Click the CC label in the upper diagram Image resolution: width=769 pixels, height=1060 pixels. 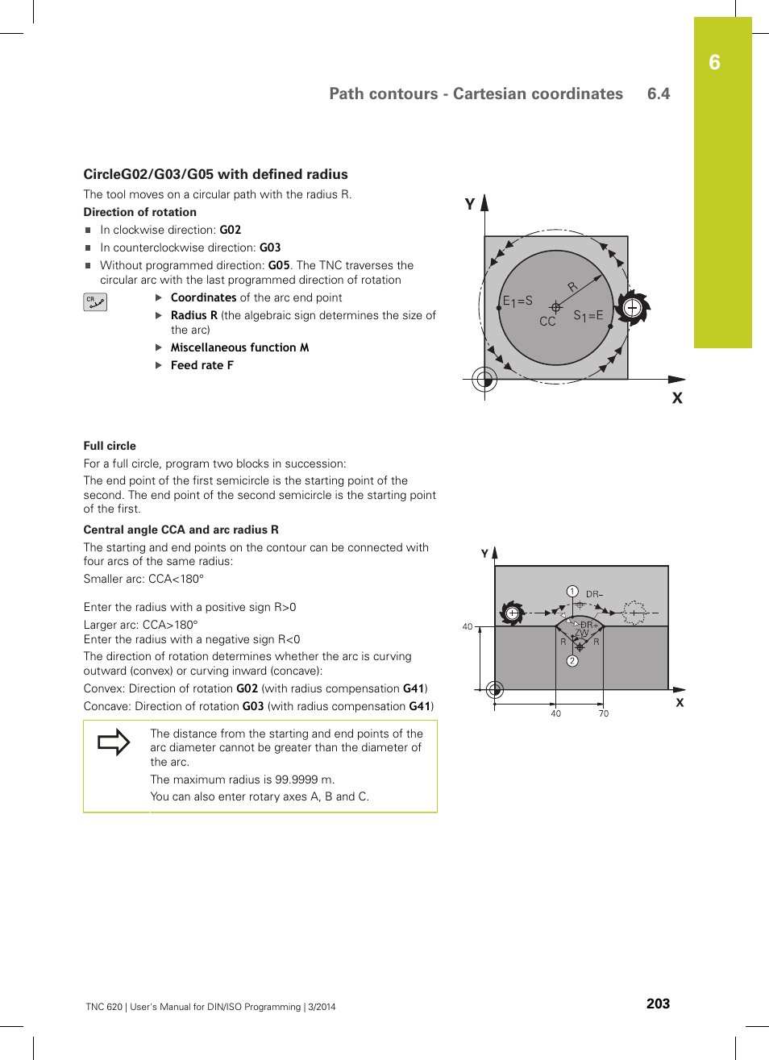point(547,322)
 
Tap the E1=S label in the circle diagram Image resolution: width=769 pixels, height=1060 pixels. point(518,301)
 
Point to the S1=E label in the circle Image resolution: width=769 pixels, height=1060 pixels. point(588,316)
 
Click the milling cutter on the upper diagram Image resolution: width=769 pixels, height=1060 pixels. point(632,307)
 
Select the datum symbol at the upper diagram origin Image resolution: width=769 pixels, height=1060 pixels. point(484,379)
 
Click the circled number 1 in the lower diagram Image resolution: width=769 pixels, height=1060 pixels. point(572,592)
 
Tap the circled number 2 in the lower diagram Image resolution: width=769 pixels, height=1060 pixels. point(572,661)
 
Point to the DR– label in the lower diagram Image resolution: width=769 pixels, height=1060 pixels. point(594,594)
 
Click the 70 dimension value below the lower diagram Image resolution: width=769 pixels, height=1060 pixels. point(603,713)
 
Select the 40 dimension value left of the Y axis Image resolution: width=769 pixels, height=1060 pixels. point(468,626)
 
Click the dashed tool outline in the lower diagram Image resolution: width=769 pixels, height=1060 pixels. point(634,613)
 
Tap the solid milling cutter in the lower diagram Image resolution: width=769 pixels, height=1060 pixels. point(512,613)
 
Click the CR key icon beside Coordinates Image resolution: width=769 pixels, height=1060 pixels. point(95,302)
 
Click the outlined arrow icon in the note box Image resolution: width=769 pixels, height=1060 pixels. point(114,742)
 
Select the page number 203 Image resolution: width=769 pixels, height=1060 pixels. point(658,1004)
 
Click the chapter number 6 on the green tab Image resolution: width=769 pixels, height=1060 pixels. point(714,63)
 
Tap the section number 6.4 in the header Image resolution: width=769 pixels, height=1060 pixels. point(658,94)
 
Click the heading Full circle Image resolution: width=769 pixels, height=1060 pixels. point(110,446)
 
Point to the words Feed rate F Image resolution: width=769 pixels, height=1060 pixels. point(202,365)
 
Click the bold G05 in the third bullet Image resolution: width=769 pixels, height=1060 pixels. point(278,265)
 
